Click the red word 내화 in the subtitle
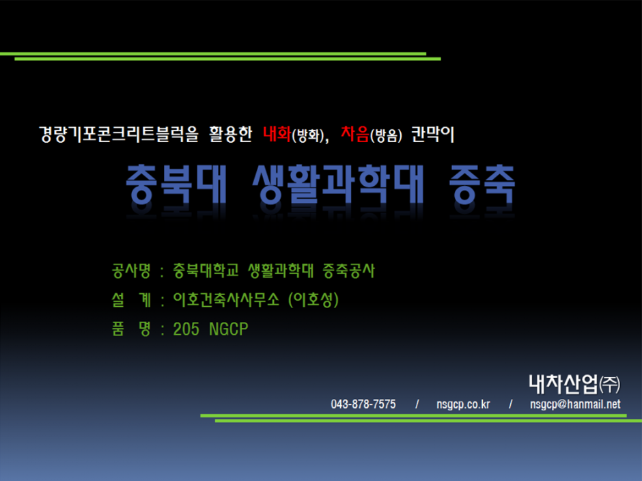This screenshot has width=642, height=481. coord(277,134)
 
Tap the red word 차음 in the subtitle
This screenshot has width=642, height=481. coord(355,134)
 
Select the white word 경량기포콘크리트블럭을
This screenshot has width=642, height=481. coord(119,134)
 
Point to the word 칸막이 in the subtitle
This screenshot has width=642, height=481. coord(433,134)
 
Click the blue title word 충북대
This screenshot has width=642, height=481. coord(176,184)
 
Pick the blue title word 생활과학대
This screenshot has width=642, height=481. coord(338,184)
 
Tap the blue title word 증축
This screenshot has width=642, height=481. coord(482,184)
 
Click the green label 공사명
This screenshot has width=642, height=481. coord(131,271)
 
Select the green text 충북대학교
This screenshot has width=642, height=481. coord(206,271)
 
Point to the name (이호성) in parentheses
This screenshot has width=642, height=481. coord(313,299)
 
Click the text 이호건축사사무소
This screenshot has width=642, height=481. coord(226,299)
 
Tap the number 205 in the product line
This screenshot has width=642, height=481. coord(186,329)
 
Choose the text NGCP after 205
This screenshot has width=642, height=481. coord(229,329)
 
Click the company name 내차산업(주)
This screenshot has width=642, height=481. coord(574,384)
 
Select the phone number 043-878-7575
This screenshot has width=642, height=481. coord(363,404)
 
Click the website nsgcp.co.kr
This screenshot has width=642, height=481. coord(463,404)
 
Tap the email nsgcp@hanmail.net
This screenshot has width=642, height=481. coord(575,404)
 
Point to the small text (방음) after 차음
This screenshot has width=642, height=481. coord(386,135)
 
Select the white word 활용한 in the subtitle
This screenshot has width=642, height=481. coord(231,134)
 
